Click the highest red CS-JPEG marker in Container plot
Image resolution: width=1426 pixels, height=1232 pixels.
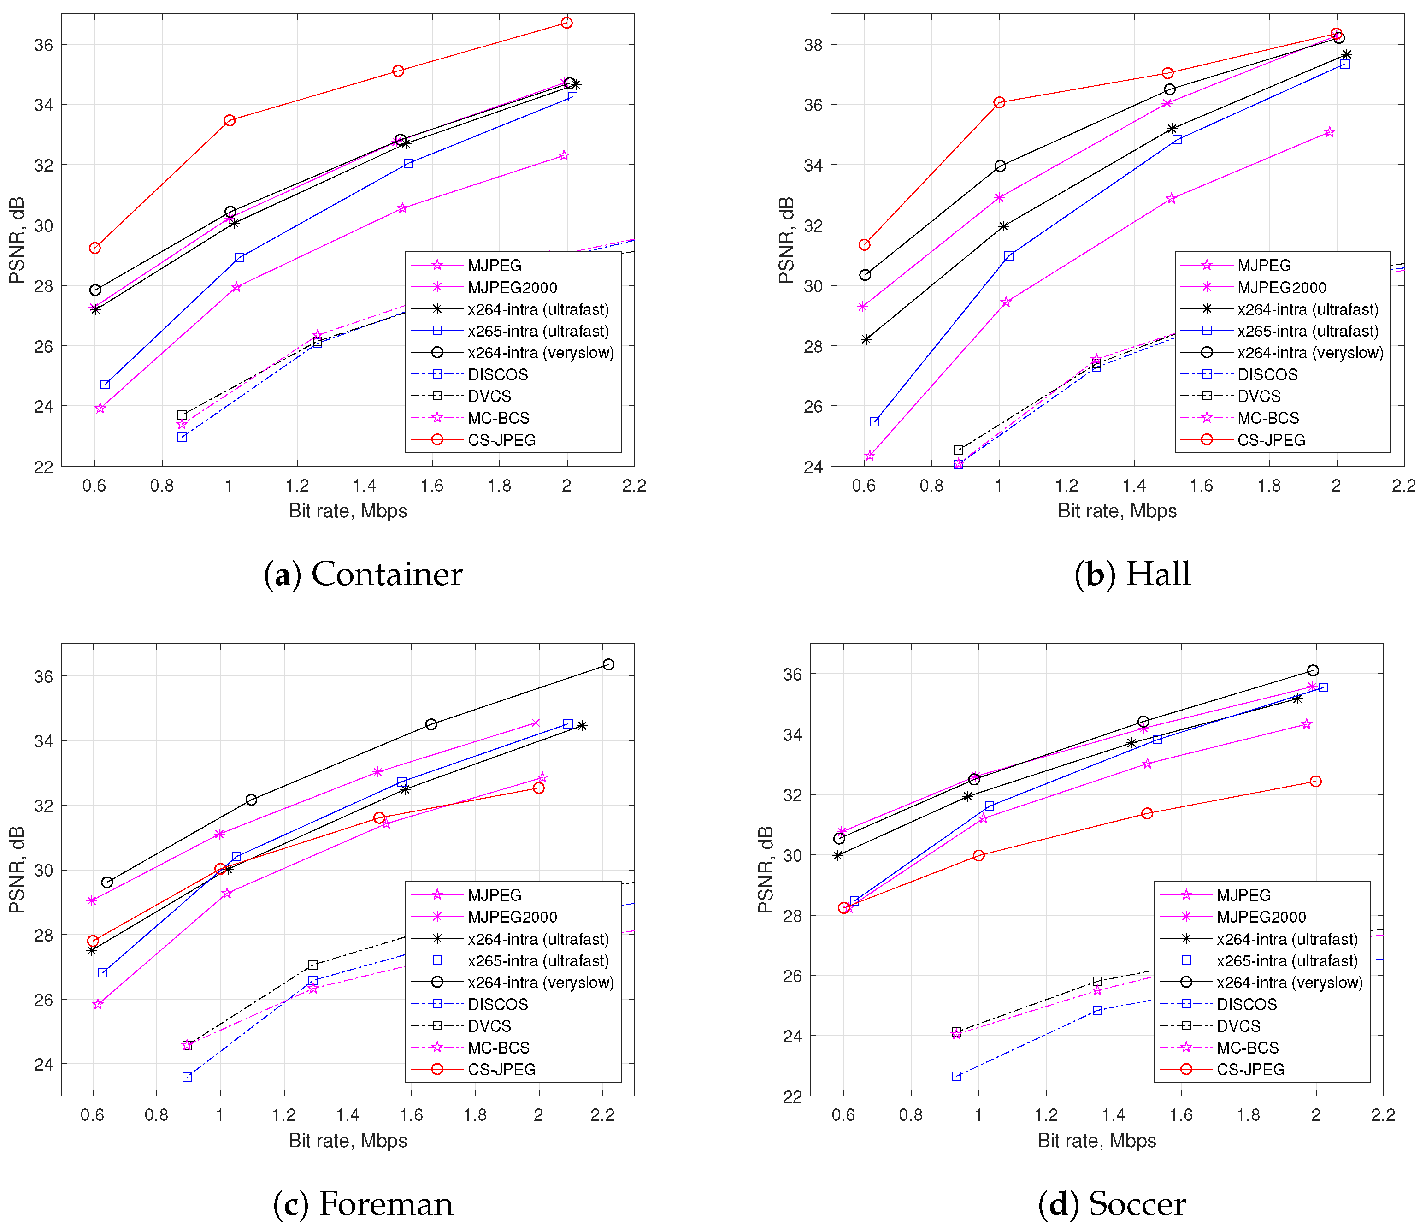click(x=566, y=23)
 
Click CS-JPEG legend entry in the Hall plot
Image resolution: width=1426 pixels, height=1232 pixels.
click(x=1271, y=440)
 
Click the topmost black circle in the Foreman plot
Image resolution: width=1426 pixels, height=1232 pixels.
click(x=608, y=664)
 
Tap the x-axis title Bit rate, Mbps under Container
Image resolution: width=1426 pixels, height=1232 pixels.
click(x=348, y=511)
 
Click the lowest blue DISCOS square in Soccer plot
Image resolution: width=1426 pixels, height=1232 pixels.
click(x=956, y=1076)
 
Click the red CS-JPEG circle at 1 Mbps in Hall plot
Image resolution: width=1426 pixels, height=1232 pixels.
click(x=999, y=103)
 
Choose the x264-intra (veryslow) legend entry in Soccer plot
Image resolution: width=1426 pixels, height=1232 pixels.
click(x=1289, y=982)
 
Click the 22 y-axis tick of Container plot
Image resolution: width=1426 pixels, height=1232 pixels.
click(x=43, y=467)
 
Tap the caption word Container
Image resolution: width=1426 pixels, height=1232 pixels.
click(x=386, y=574)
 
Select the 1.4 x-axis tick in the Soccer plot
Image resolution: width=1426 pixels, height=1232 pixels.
click(x=1113, y=1115)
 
